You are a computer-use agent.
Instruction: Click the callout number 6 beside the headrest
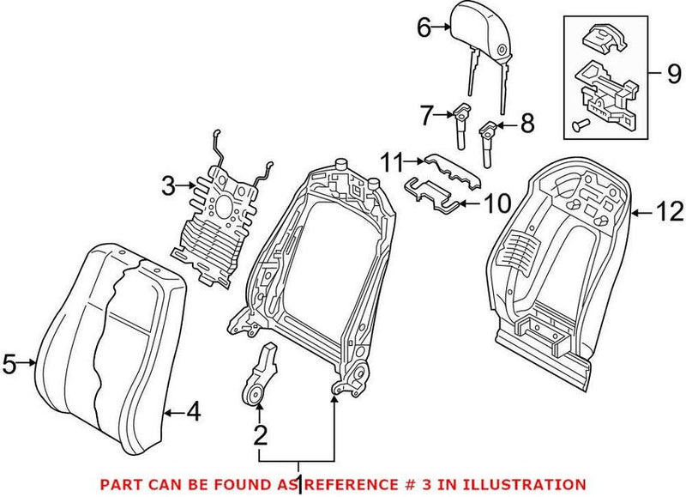tap(423, 27)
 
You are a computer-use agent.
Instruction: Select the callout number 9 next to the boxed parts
tap(675, 71)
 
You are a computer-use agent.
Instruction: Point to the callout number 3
tap(167, 184)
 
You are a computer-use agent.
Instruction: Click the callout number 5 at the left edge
tap(9, 365)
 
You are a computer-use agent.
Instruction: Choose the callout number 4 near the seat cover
tap(194, 414)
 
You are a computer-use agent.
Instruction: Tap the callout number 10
tap(497, 203)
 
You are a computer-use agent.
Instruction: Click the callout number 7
tap(427, 112)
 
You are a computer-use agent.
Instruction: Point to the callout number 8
tap(527, 124)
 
